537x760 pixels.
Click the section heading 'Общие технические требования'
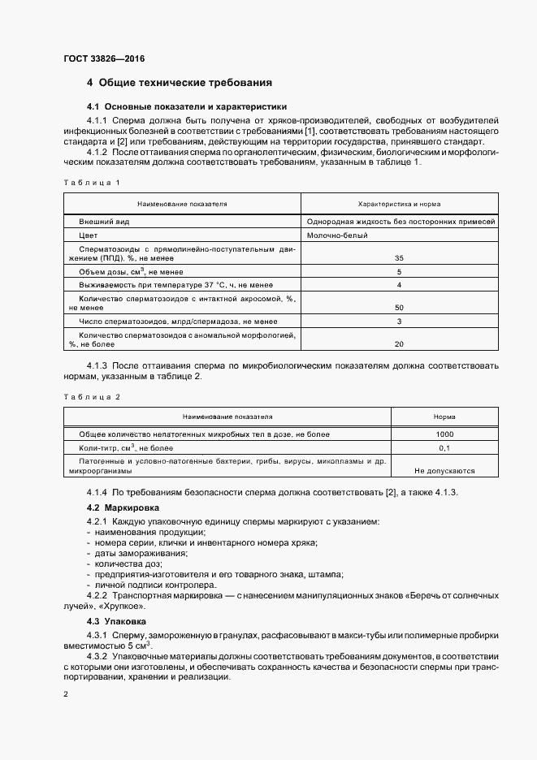(x=184, y=83)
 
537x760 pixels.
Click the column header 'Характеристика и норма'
(x=399, y=204)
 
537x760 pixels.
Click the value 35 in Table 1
(x=399, y=257)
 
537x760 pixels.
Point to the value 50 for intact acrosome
(x=399, y=308)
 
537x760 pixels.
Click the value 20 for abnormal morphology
(x=399, y=344)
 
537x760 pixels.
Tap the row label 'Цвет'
(x=89, y=235)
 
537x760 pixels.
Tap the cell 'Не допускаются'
(x=444, y=470)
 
